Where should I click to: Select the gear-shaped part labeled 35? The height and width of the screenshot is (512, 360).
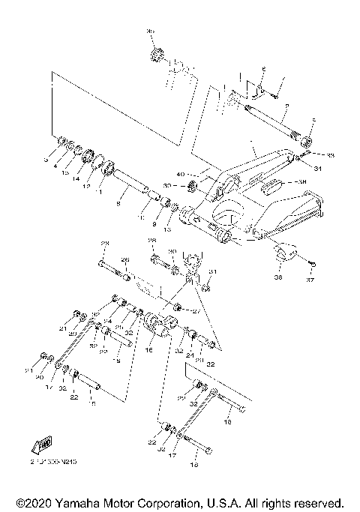(x=157, y=55)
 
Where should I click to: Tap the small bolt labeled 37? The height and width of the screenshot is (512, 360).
(x=313, y=262)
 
